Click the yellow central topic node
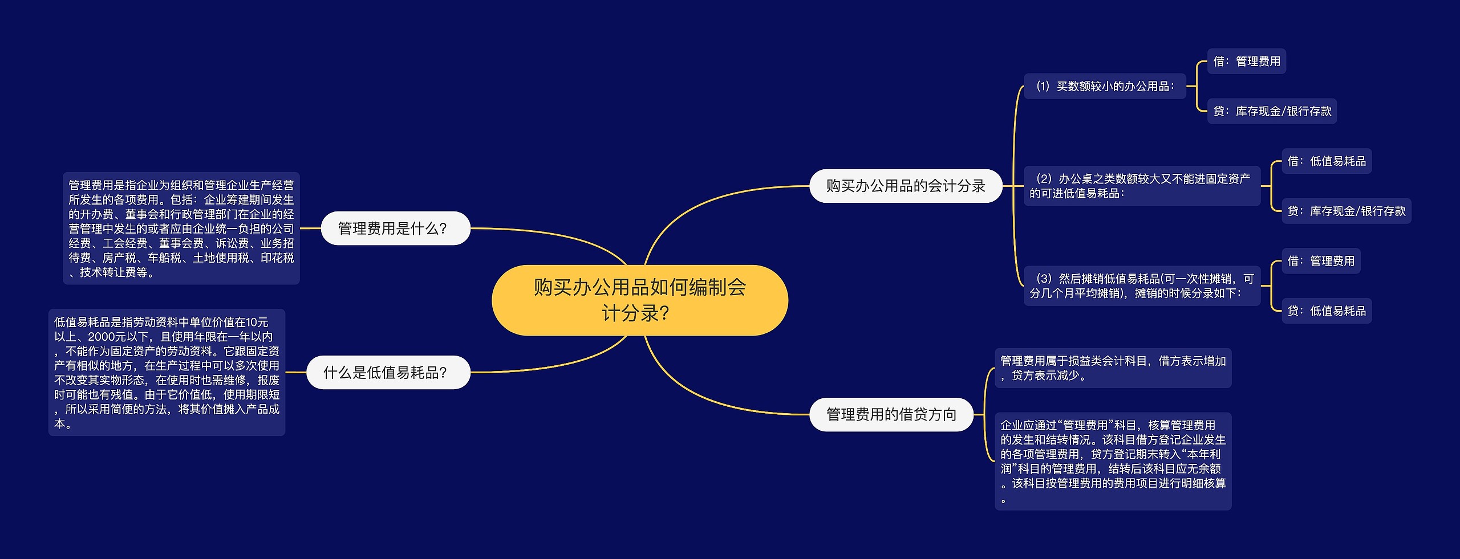(639, 300)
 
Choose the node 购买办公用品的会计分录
(906, 186)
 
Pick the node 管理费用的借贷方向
(891, 414)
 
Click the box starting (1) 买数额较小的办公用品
(1105, 86)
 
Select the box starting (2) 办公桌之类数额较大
(1142, 186)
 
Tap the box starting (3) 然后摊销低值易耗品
(1142, 285)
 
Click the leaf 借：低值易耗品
(1327, 161)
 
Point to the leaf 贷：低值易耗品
(1327, 311)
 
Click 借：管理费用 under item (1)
(1247, 61)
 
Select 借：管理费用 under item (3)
(1321, 261)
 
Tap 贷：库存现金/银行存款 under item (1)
(1272, 111)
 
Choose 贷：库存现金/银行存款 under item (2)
(1347, 211)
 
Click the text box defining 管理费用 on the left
(181, 228)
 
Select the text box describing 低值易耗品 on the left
(167, 372)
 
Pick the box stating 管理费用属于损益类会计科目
(1113, 368)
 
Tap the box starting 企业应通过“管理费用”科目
(1113, 461)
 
